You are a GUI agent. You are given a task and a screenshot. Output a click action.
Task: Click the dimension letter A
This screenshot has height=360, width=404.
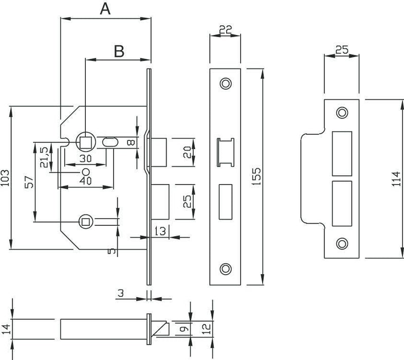pos(105,9)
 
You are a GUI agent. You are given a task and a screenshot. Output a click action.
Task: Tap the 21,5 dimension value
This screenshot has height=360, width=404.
pos(44,157)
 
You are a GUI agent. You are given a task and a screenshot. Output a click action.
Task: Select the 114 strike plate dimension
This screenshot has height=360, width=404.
pos(396,179)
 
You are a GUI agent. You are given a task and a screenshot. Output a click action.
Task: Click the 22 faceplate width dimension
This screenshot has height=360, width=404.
pos(225,30)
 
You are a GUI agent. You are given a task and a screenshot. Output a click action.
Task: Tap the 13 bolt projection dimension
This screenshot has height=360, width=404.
pos(160,231)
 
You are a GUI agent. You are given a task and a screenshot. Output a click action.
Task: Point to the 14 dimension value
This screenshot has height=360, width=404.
pos(5,327)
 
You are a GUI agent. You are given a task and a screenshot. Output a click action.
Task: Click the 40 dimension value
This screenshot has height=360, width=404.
pos(85,181)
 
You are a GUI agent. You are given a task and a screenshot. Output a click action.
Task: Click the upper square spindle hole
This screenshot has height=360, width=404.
pos(84,141)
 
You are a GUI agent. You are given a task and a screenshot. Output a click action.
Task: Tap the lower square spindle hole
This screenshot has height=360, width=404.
pos(85,222)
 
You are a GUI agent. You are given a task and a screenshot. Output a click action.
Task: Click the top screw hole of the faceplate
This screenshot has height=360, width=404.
pos(225,83)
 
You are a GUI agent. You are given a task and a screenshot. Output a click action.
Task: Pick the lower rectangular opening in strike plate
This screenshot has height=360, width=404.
pos(342,203)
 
